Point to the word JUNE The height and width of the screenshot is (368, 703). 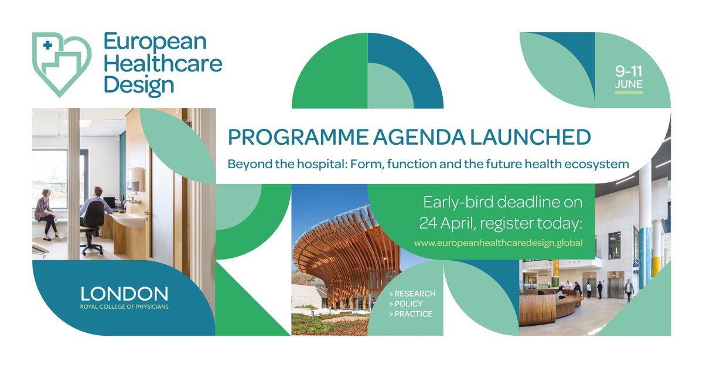click(629, 85)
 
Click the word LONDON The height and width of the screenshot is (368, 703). click(124, 294)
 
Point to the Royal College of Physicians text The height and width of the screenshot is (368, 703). click(124, 306)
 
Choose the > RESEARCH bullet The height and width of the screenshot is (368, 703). click(412, 294)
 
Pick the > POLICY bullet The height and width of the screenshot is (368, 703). click(405, 304)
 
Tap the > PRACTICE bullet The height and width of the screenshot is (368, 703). click(410, 314)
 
